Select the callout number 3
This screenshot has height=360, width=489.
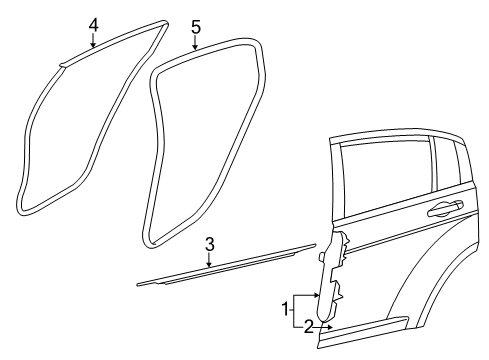[209, 244]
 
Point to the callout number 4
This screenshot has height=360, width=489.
[93, 23]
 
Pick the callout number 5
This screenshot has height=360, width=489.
[196, 25]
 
